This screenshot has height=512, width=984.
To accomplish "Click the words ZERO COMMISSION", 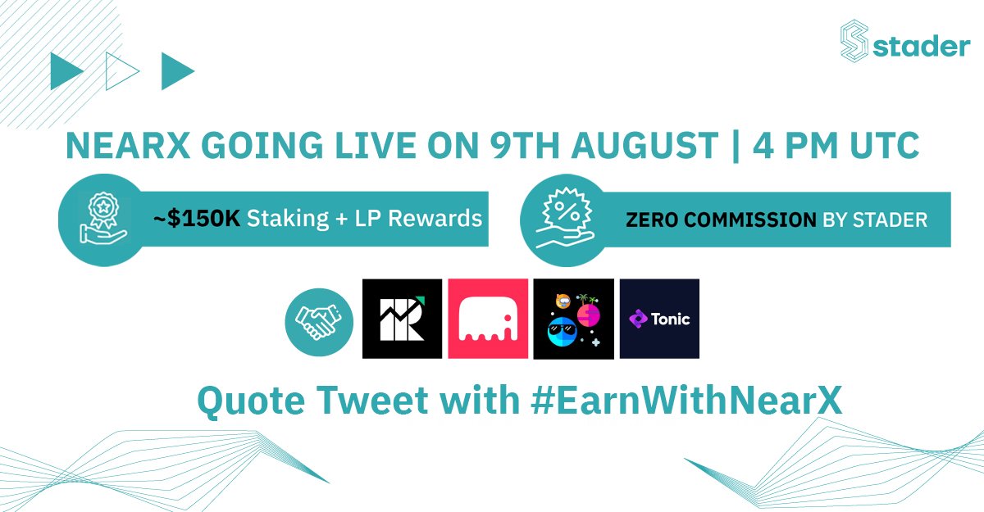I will (718, 220).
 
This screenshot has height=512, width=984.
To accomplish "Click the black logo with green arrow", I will (403, 319).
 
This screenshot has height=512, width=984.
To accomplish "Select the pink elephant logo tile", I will (488, 319).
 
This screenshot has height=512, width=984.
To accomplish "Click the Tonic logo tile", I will (659, 319).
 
